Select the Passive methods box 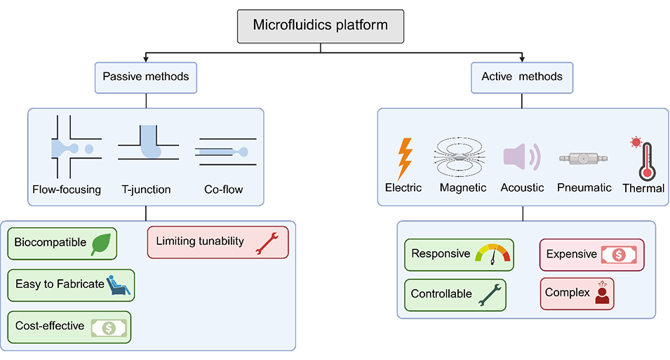tap(145, 76)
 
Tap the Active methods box tap(521, 76)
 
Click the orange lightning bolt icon tap(405, 159)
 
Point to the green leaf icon tap(101, 244)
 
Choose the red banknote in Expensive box tap(620, 255)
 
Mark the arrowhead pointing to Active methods tap(521, 58)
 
